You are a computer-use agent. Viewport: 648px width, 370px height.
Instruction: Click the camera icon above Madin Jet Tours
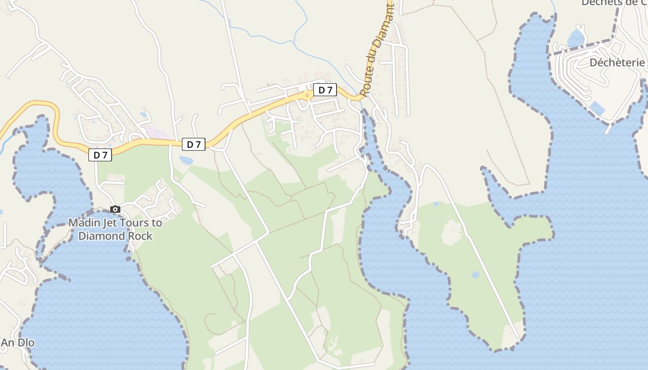point(115,210)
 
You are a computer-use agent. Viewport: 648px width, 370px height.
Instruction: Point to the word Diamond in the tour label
point(102,236)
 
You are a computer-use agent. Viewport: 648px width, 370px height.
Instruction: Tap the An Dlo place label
point(18,343)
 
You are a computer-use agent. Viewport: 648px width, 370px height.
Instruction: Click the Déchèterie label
point(617,62)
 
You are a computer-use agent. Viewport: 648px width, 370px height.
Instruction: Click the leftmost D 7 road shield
point(100,155)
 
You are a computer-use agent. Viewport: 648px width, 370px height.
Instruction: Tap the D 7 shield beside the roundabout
point(325,90)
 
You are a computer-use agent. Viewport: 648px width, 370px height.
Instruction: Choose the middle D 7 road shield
point(193,144)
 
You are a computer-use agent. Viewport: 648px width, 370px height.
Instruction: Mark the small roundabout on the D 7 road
point(307,96)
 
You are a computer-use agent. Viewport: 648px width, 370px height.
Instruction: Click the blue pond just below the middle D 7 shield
point(186,160)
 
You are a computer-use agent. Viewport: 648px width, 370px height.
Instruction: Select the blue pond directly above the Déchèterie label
point(575,38)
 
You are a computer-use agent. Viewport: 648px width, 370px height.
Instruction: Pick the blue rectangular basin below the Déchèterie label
point(597,109)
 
